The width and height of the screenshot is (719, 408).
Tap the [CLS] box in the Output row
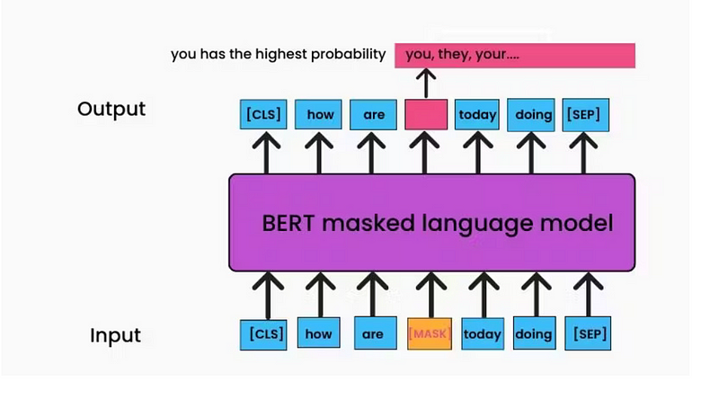point(263,114)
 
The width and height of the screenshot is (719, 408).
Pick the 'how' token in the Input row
point(319,333)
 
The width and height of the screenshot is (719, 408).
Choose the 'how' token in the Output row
point(320,114)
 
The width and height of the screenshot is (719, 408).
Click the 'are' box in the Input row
point(373,333)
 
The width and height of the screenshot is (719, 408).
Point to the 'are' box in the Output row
point(374,114)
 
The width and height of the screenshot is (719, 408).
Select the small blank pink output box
point(426,114)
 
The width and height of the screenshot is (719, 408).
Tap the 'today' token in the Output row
point(477,114)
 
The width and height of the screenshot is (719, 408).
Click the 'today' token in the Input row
point(483,333)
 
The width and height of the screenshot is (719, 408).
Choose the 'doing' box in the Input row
point(534,333)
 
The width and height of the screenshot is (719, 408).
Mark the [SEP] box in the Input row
point(589,333)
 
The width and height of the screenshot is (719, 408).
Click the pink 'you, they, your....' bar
point(514,55)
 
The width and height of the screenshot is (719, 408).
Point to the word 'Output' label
point(111,110)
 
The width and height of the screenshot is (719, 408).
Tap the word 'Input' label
point(115,336)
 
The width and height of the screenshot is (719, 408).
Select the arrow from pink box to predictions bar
point(427,84)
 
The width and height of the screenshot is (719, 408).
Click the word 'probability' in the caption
point(347,55)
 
